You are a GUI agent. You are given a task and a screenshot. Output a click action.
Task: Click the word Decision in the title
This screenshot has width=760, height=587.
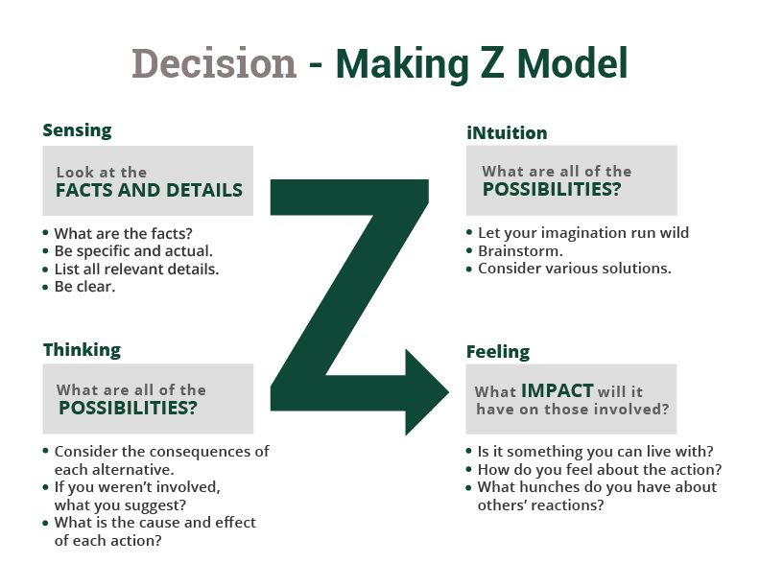tap(214, 63)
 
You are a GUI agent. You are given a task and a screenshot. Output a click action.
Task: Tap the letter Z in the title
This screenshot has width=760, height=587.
tap(491, 63)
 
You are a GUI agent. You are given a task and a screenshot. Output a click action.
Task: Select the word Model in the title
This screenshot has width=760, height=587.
tap(572, 63)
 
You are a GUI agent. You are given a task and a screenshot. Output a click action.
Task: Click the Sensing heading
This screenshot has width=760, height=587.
tap(77, 130)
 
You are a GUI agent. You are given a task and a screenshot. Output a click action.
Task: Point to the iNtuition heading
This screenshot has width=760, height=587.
tap(507, 132)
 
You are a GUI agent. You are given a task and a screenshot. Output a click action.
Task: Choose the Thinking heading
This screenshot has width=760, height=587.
tap(82, 350)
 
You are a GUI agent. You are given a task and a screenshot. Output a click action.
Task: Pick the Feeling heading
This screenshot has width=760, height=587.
tap(498, 352)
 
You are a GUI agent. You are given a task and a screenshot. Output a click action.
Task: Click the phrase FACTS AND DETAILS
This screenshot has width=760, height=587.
tap(149, 190)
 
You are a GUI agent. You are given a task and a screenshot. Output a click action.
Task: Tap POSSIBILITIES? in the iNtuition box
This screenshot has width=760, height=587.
tap(552, 189)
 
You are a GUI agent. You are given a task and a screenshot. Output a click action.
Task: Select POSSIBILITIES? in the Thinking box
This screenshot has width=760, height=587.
tap(128, 408)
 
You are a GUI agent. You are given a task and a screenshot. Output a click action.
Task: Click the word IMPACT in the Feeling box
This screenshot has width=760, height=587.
tap(558, 390)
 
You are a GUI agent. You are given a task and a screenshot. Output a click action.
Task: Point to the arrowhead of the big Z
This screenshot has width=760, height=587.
tap(448, 392)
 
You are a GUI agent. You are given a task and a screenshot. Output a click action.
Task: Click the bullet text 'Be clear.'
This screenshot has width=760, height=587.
tap(84, 287)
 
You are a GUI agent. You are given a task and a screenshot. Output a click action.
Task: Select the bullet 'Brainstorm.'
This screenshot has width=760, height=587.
tap(520, 251)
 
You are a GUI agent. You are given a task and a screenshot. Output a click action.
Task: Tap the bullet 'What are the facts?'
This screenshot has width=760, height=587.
tap(123, 233)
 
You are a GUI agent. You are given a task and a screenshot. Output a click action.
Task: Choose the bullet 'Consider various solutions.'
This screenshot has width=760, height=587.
tap(575, 269)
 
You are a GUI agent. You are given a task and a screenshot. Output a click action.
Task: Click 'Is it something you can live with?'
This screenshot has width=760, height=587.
tap(596, 452)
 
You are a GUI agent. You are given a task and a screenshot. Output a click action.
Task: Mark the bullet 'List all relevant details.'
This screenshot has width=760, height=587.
tap(136, 270)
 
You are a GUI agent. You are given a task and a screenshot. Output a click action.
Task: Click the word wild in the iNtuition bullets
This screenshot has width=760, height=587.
tap(675, 232)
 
